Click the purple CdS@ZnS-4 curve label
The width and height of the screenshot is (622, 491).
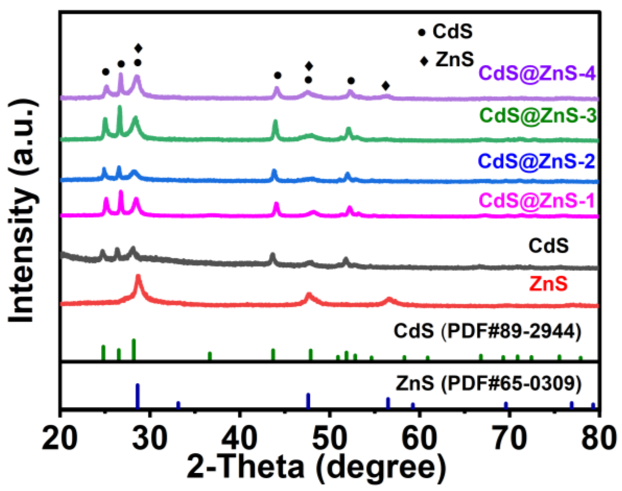coord(537,73)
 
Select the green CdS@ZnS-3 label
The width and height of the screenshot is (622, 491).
coord(538,115)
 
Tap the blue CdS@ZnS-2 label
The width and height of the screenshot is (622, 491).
coord(537,162)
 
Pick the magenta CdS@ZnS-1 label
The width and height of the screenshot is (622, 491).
coord(537,201)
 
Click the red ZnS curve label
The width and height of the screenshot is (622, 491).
coord(548,284)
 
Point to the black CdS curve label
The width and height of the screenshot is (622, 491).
coord(548,246)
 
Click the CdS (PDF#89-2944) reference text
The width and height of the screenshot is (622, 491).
coord(487,331)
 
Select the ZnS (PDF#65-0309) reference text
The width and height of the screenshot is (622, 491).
coord(488,384)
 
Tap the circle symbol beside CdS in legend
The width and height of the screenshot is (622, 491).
coord(422,33)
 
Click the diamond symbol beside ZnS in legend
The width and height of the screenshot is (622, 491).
coord(424,61)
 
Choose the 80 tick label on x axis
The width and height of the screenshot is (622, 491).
coord(597,439)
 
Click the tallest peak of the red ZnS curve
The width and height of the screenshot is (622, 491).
coord(138,276)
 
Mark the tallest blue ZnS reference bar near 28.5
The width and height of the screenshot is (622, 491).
coord(138,396)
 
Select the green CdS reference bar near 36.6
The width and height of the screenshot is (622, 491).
coord(210,356)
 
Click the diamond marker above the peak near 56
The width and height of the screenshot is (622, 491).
coord(385,86)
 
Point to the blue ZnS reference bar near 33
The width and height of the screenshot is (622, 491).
coord(178,405)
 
